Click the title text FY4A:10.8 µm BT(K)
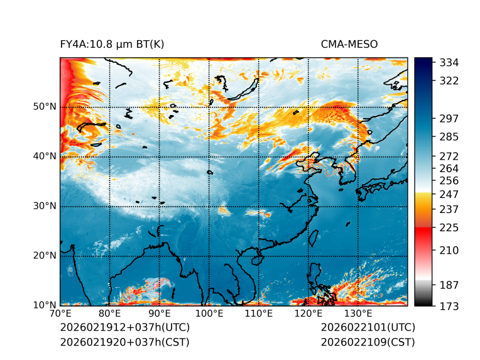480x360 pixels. [112, 44]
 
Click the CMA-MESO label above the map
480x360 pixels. [349, 44]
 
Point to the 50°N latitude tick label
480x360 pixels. [45, 107]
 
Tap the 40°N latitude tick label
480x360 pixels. [45, 156]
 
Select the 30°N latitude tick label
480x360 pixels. [45, 206]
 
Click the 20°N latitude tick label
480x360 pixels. [45, 256]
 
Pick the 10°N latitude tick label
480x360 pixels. [45, 305]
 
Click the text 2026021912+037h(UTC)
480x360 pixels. [124, 328]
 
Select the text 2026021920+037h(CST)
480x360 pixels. [124, 342]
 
